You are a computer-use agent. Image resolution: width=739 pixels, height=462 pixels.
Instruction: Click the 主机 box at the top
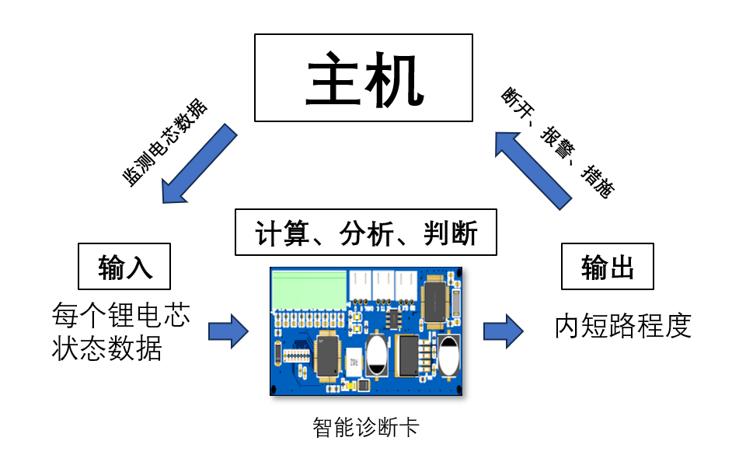(363, 78)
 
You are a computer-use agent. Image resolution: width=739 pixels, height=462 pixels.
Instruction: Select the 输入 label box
(124, 266)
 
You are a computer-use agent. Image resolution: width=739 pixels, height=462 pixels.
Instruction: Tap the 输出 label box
(607, 266)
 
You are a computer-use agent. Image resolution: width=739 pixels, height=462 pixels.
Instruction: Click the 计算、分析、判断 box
(365, 232)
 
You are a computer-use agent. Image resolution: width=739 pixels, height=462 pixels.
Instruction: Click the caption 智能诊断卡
(365, 427)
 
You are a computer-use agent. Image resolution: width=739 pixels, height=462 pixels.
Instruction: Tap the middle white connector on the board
(384, 285)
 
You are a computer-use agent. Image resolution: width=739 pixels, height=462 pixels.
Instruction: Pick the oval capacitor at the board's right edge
(448, 355)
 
